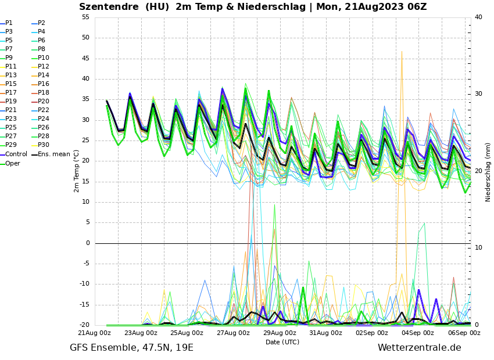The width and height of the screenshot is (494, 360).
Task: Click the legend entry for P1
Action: (x=9, y=23)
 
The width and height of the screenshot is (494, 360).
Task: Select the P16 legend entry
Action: (x=44, y=84)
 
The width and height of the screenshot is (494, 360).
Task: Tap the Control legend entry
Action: (x=16, y=154)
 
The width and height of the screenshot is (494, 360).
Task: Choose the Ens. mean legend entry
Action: (x=54, y=154)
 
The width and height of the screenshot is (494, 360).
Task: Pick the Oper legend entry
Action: (x=12, y=163)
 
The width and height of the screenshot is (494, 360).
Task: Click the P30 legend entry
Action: (x=44, y=145)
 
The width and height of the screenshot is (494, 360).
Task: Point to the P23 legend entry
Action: (x=11, y=119)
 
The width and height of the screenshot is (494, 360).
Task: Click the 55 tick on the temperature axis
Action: (x=85, y=17)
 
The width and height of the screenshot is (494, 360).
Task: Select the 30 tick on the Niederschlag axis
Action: (x=478, y=93)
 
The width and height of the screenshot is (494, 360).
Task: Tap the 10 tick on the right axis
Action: (x=478, y=247)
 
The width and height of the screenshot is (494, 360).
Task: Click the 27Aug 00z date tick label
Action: (x=233, y=333)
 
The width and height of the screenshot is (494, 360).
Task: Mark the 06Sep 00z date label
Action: (x=464, y=333)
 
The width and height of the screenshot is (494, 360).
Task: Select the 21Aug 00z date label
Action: (x=95, y=333)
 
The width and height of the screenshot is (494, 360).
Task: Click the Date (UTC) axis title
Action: (x=282, y=342)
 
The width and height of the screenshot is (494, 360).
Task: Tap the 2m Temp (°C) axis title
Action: (x=76, y=171)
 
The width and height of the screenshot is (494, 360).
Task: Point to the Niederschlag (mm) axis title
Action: (x=488, y=172)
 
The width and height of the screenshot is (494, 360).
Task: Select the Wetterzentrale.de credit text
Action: (x=419, y=348)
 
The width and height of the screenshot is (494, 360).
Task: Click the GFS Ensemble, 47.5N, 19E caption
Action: (x=131, y=348)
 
